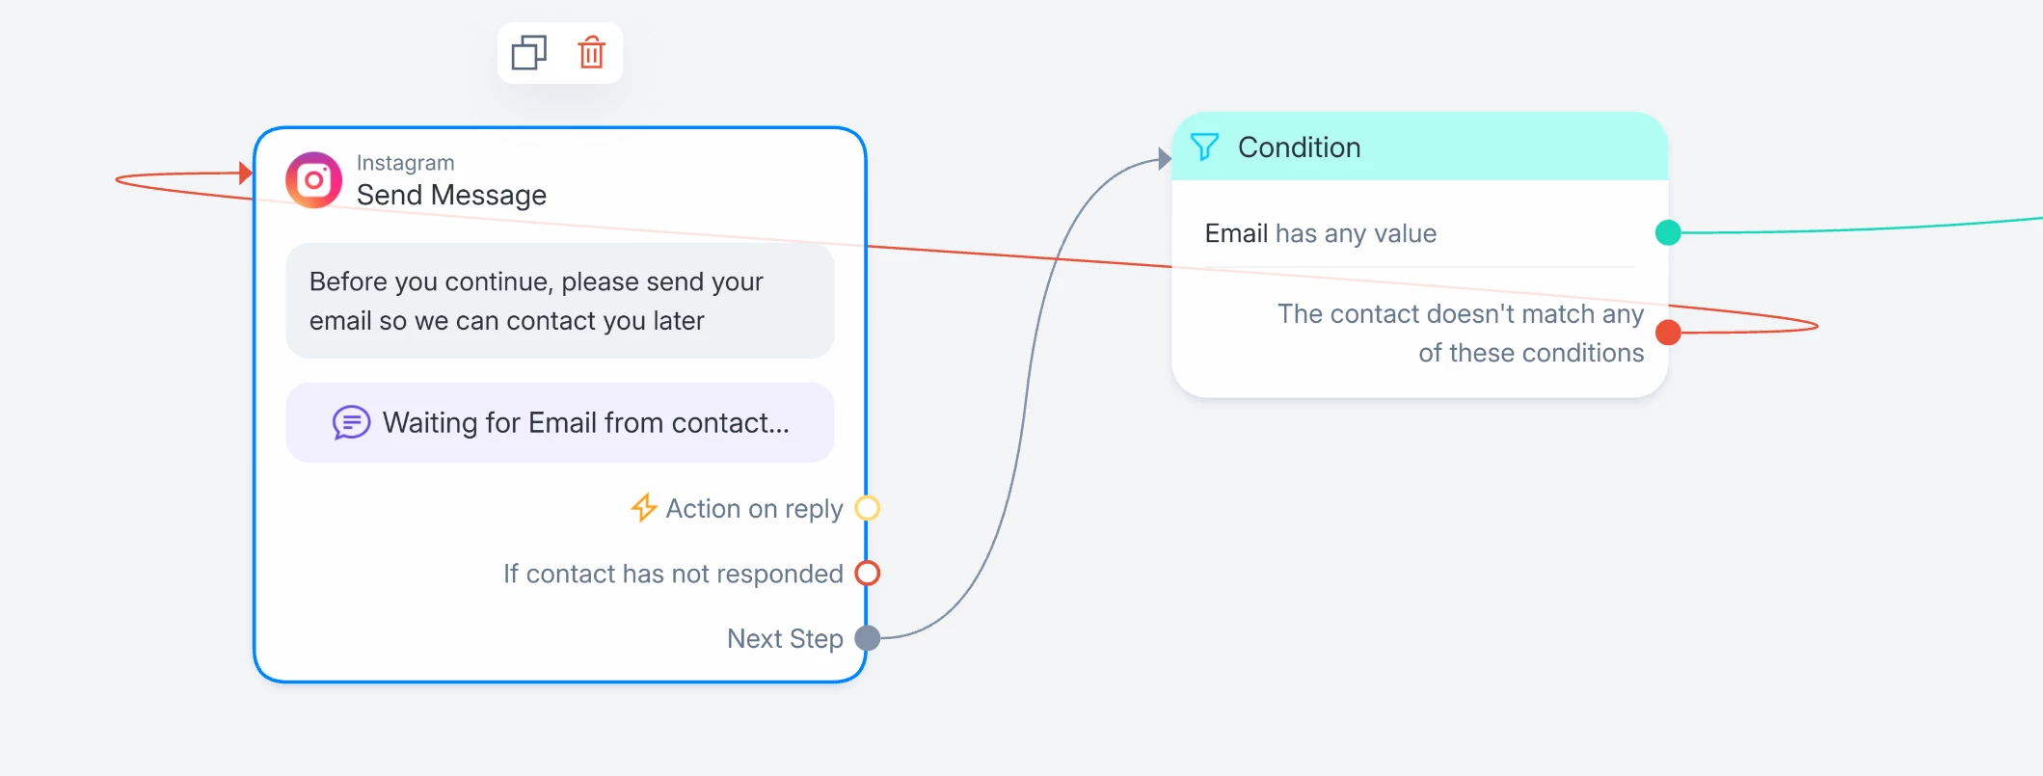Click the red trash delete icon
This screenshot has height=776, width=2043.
pos(591,52)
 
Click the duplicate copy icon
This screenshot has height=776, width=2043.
pos(528,52)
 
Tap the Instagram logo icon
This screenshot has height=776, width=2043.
pos(313,179)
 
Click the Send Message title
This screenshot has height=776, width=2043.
pos(451,195)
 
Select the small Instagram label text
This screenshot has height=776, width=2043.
pos(405,162)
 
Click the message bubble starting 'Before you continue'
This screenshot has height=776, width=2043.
pos(559,301)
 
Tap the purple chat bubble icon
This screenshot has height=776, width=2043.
pos(351,422)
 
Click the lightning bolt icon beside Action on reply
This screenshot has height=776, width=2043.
pos(643,507)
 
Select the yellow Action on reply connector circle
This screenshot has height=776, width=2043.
pos(868,507)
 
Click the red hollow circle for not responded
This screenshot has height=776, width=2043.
pos(868,573)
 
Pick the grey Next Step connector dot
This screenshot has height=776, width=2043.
pos(868,637)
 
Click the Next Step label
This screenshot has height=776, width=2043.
pos(785,638)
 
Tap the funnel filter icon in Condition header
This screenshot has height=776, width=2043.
pos(1204,147)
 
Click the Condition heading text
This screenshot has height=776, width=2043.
pos(1299,147)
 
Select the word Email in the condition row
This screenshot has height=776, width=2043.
pos(1236,233)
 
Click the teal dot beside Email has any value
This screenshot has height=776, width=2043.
pos(1668,232)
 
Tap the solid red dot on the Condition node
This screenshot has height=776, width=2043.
pos(1668,333)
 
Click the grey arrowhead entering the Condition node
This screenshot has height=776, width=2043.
pos(1165,159)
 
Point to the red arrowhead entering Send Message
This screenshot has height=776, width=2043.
pos(246,173)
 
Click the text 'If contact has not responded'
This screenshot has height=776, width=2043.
pos(673,574)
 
